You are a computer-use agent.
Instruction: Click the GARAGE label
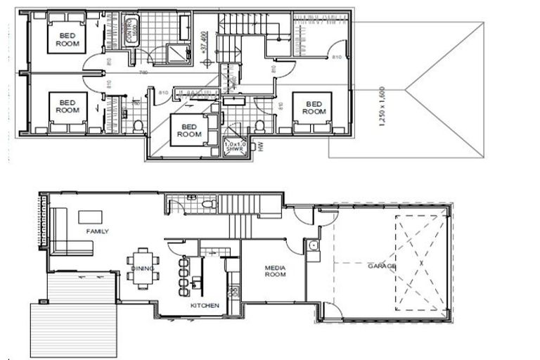point(382,267)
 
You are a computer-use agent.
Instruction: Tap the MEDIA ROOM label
point(274,271)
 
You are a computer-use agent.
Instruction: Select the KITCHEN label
point(205,306)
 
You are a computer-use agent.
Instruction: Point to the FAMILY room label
point(98,231)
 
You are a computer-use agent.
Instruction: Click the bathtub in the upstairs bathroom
point(131,30)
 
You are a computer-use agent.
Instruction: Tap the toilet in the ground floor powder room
point(207,205)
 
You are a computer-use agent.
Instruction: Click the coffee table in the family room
point(90,217)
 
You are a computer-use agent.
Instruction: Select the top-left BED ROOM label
point(67,39)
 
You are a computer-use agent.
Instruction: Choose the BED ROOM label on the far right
point(314,108)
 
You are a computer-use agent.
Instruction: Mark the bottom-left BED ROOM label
point(67,106)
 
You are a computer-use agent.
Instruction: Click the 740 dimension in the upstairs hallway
point(143,72)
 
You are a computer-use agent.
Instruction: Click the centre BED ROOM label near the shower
point(189,130)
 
